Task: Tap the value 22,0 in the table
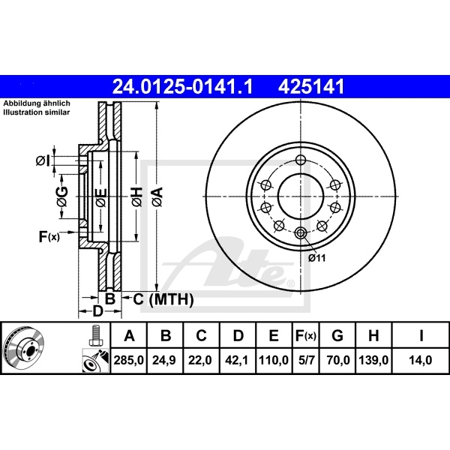[201, 360]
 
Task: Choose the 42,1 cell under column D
[237, 360]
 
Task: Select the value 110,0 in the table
[274, 360]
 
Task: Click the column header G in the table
[338, 336]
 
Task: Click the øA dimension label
[157, 197]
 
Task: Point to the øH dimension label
[136, 197]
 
